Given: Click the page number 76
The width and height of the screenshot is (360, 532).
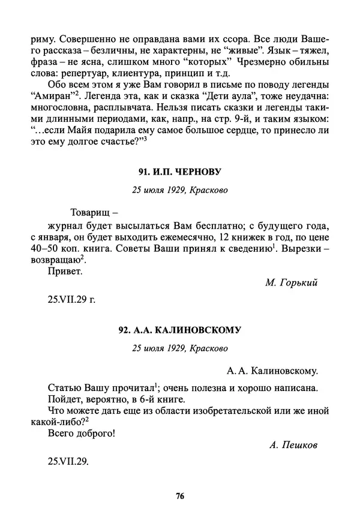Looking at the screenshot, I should (x=179, y=495).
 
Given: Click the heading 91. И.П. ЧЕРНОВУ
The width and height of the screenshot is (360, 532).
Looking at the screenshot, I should (x=179, y=172).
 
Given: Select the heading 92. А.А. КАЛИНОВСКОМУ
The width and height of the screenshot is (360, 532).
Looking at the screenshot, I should (x=179, y=330).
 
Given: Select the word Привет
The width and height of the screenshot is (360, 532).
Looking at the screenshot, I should (x=64, y=271).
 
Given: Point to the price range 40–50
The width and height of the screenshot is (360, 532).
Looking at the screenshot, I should (x=45, y=248).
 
